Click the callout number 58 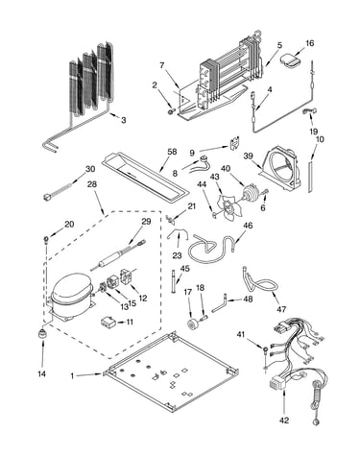click(x=172, y=152)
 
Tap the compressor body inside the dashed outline click(x=70, y=294)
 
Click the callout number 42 click(x=284, y=420)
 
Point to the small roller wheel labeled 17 click(x=193, y=324)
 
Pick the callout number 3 click(x=123, y=120)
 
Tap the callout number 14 click(x=42, y=373)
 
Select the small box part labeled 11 click(x=108, y=322)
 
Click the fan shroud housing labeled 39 click(x=280, y=169)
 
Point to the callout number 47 click(x=281, y=309)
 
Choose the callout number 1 click(x=72, y=376)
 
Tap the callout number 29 click(x=146, y=221)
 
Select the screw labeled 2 click(x=171, y=111)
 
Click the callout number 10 click(x=320, y=139)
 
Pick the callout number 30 click(x=90, y=169)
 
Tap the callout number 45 click(x=185, y=268)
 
